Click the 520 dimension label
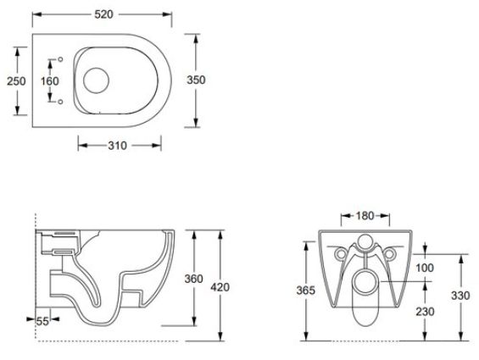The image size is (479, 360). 103,14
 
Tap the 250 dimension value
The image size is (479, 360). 16,81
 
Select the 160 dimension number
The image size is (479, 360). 50,81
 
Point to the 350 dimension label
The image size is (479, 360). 196,80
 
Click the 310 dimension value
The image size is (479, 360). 117,146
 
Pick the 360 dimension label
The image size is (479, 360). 193,279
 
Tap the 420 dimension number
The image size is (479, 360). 220,287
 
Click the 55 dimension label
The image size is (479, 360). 42,321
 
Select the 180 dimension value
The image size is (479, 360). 365,216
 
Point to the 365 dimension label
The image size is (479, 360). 305,291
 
